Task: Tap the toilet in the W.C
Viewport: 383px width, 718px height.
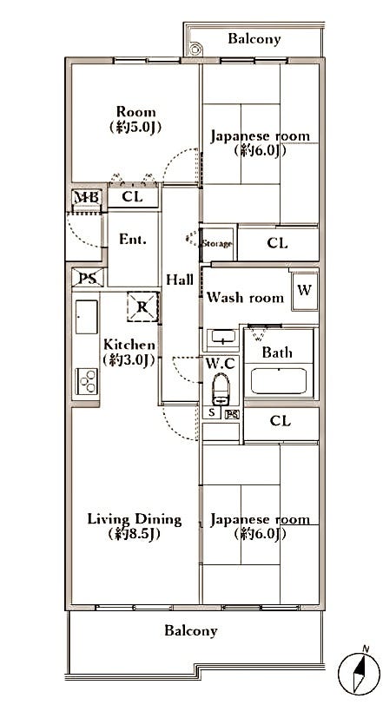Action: click(x=221, y=389)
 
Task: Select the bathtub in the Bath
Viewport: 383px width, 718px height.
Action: click(x=279, y=381)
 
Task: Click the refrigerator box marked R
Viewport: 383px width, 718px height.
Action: click(x=142, y=306)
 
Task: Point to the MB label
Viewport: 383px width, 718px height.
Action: click(x=87, y=198)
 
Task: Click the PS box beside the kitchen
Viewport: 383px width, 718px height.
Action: click(x=88, y=278)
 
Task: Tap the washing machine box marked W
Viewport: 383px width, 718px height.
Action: click(x=305, y=290)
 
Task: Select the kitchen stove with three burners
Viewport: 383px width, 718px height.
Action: click(x=87, y=381)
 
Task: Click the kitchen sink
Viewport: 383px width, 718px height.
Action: click(x=87, y=317)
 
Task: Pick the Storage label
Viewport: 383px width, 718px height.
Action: click(x=217, y=244)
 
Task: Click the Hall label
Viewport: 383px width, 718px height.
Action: click(x=179, y=280)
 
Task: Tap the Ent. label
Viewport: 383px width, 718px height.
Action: click(x=133, y=239)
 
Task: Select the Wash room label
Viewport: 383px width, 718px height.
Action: click(x=245, y=298)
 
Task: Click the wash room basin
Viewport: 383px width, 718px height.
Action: click(x=223, y=338)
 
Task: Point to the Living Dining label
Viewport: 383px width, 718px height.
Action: click(x=135, y=520)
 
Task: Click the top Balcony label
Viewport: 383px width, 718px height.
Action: click(x=254, y=39)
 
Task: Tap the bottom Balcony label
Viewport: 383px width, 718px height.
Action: click(x=190, y=631)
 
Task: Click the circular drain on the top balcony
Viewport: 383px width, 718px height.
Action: click(x=195, y=48)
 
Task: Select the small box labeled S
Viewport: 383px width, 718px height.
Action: click(x=212, y=412)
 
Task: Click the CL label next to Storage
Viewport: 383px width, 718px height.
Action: click(x=278, y=244)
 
